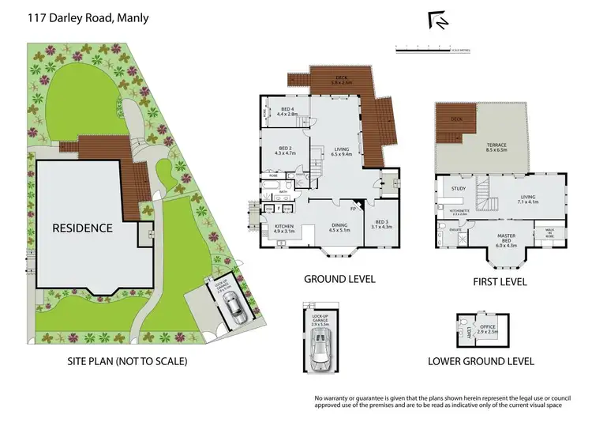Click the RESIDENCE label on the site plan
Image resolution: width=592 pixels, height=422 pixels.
[x=83, y=228]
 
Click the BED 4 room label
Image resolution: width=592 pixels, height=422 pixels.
[x=287, y=111]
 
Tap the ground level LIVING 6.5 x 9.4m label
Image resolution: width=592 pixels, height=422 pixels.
[x=341, y=151]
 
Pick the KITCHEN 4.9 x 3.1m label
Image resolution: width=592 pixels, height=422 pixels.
[x=283, y=229]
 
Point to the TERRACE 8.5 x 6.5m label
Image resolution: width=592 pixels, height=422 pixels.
[x=496, y=147]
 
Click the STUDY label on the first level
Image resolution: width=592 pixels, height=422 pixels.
[x=459, y=189]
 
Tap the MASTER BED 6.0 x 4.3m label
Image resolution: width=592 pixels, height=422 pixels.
[x=505, y=239]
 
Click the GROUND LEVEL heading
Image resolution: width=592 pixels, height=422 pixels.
[x=339, y=279]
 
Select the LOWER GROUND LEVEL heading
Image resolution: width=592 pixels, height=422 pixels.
[x=481, y=361]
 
